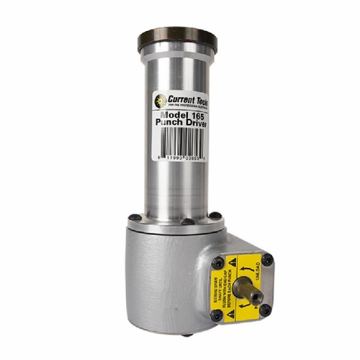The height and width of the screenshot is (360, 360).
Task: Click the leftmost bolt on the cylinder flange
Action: click(x=134, y=217)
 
